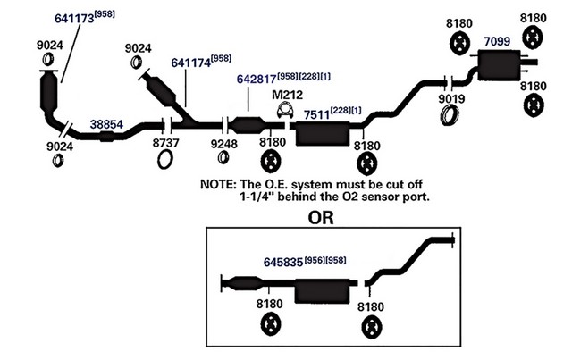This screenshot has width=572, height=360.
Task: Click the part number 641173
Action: pos(74,18)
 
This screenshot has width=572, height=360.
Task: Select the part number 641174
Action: pos(191,63)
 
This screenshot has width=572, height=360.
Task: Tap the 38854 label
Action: pos(106,124)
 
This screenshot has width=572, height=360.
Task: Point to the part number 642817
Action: pos(257,79)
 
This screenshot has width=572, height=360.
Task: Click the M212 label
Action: pos(288,95)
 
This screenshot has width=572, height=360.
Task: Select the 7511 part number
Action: pos(316,114)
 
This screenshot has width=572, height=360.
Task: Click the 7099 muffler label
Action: pos(497,41)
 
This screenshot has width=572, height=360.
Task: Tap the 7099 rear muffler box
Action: pos(499,65)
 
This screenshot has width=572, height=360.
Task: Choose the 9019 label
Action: pos(451,98)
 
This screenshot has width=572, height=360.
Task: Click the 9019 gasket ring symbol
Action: pos(450,115)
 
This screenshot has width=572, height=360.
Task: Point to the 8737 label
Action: pos(165,143)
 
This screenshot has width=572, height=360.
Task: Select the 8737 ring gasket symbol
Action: pos(165,159)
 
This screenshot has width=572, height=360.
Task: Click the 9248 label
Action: pos(224,144)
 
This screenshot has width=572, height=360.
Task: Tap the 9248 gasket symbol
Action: pos(223,157)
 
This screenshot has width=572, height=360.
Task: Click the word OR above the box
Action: pos(321,218)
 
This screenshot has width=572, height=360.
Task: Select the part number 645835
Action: pos(283,263)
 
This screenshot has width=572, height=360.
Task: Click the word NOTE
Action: pos(216,184)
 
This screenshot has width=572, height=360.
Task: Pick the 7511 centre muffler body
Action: pos(323,134)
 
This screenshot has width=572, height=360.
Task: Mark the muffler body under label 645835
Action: pos(322,291)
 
